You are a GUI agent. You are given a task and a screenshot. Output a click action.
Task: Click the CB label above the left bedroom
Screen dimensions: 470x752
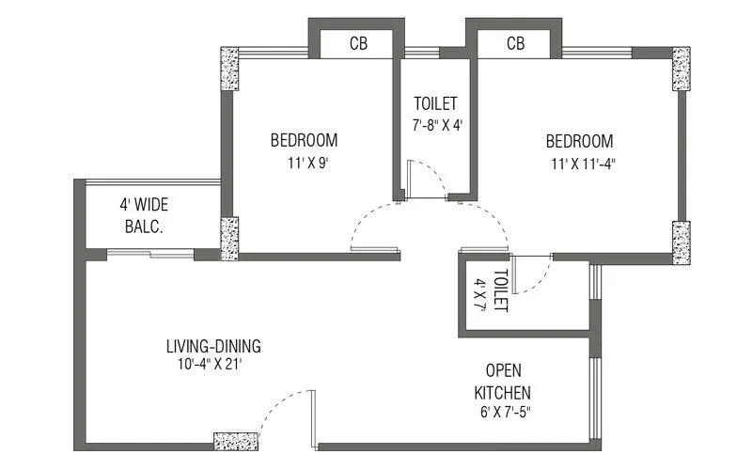point(358,44)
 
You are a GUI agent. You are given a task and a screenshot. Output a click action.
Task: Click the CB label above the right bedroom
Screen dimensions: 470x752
point(515,44)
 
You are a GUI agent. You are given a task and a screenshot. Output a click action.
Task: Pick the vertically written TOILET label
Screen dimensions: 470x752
point(501,291)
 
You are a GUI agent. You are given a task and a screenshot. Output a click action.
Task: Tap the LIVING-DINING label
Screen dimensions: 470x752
point(213,345)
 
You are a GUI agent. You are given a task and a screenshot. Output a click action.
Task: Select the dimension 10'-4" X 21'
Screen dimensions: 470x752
point(213,364)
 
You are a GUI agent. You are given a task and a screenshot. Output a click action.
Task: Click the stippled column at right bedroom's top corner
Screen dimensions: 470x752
point(680,70)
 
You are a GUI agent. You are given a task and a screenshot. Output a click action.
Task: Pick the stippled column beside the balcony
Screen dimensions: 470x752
point(229,238)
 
